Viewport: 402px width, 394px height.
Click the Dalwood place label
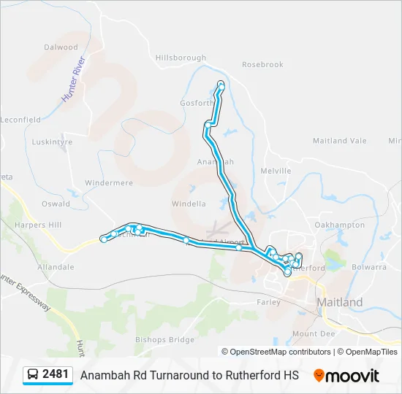[x=61, y=47]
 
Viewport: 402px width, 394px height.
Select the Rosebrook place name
[x=262, y=65]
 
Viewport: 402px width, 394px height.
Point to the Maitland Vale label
[x=339, y=141]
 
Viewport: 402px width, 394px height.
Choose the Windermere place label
[x=108, y=183]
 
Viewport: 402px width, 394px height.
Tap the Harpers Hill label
[x=39, y=225]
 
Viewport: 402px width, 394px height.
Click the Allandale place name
[x=56, y=267]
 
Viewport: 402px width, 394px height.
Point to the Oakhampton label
[x=339, y=225]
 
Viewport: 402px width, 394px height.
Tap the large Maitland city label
[x=339, y=302]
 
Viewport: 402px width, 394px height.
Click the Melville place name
[x=276, y=171]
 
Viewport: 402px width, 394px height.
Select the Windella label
[x=189, y=204]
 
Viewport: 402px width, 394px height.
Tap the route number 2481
[x=56, y=374]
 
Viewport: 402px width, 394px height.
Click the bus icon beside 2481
[x=33, y=375]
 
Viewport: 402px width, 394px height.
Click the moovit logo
[x=346, y=376]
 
